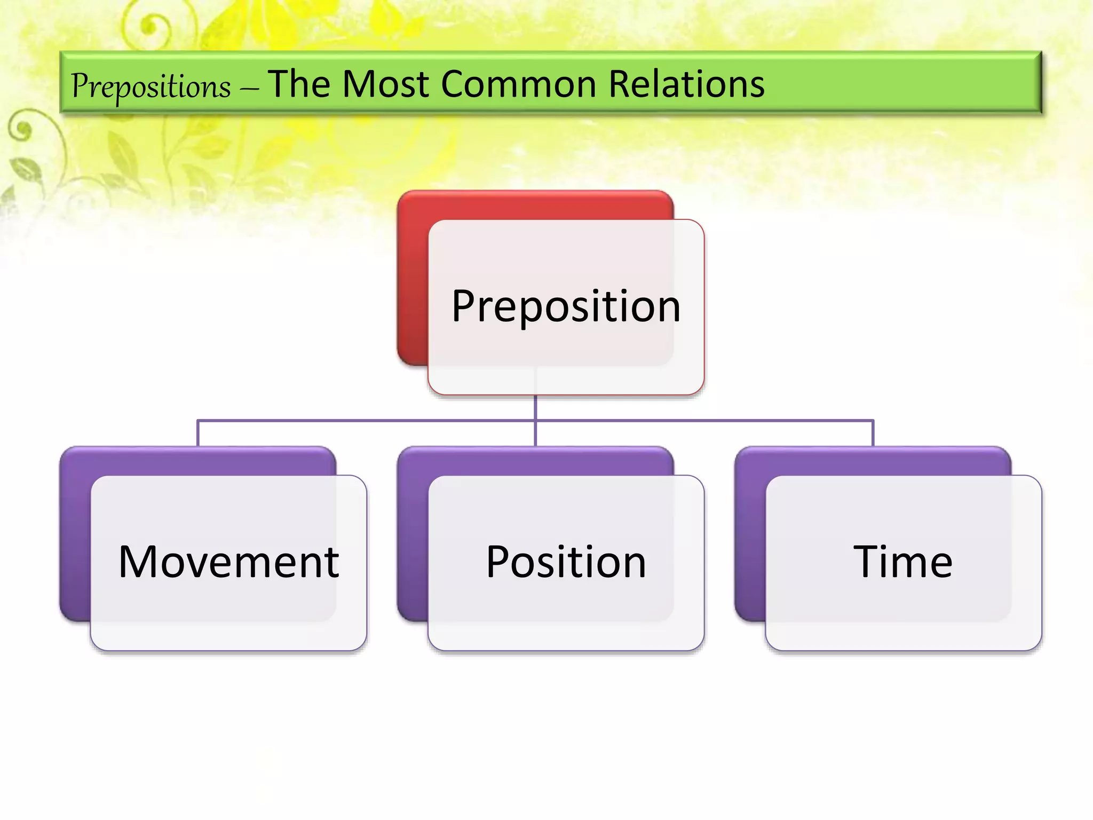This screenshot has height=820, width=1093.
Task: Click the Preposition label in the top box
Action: tap(566, 306)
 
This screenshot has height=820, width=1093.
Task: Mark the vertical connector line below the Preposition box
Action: tap(535, 408)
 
